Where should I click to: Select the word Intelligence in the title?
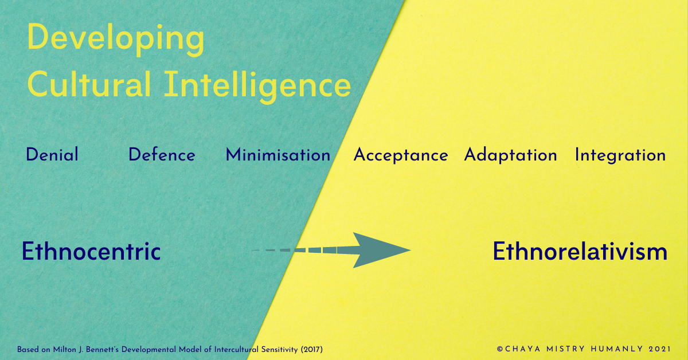coord(257,84)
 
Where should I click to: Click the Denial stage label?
coord(52,155)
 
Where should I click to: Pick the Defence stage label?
coord(162,155)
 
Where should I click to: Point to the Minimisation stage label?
coord(278,155)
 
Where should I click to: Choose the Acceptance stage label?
coord(401,155)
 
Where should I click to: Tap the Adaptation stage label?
coord(510,155)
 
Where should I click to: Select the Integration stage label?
coord(620,155)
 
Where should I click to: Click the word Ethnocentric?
coord(91,252)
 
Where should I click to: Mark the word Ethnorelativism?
coord(580,252)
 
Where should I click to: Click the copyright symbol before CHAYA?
coord(499,349)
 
